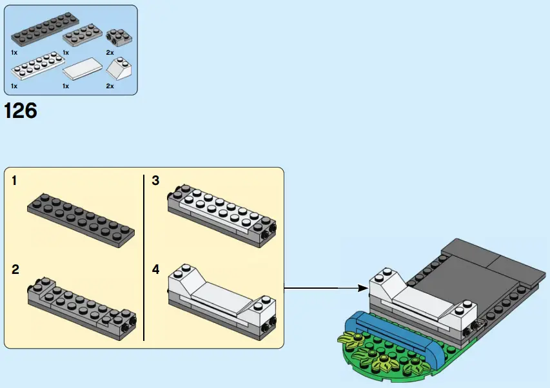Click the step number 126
point(21,111)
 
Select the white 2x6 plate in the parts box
point(36,66)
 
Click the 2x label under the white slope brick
point(110,86)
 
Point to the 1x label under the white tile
point(66,86)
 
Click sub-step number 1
point(15,181)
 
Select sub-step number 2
point(15,269)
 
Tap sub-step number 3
point(155,181)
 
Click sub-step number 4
point(155,269)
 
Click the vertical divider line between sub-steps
point(143,258)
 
